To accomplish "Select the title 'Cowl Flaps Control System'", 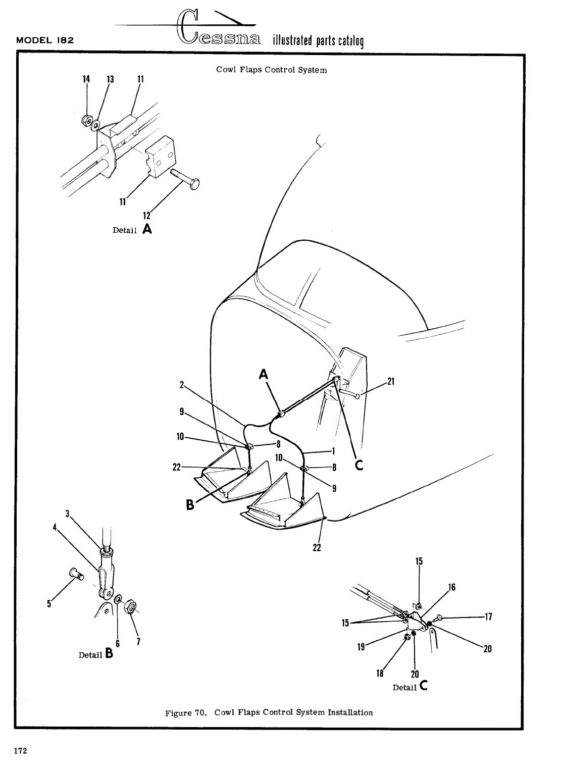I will (x=271, y=70).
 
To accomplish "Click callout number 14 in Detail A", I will (x=86, y=79).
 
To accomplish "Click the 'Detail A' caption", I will (x=132, y=230).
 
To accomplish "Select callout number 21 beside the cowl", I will (x=390, y=382).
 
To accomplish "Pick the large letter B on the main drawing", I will (x=190, y=504).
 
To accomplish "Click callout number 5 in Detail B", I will (x=49, y=603).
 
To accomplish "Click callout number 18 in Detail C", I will (x=380, y=673).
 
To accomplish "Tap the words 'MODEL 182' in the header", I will (x=45, y=41).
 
